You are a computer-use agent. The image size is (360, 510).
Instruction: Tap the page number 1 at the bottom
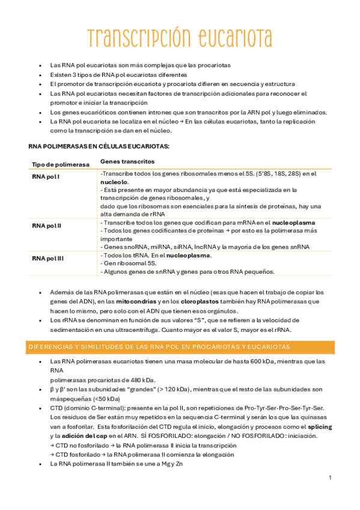(330, 478)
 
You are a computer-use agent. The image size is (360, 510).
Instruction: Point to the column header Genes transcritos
(127, 162)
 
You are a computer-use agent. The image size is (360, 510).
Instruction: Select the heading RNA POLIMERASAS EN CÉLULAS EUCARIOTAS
(99, 146)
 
